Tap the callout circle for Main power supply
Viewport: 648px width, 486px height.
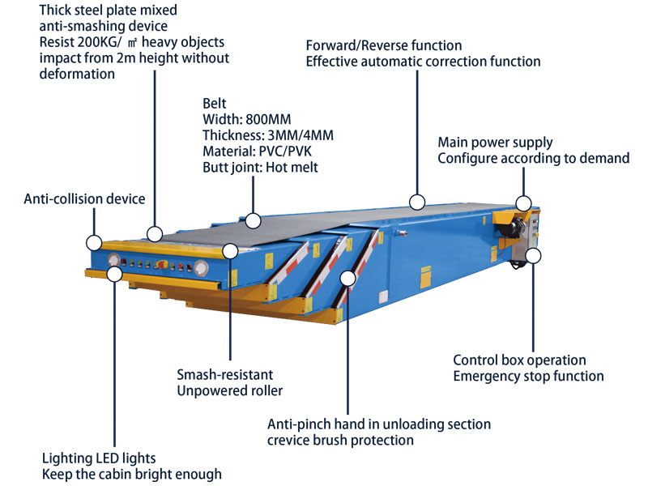tap(524, 204)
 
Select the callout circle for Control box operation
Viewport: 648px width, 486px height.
tap(533, 257)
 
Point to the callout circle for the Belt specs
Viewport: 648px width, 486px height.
tap(254, 220)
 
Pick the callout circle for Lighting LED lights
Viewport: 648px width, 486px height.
tap(114, 274)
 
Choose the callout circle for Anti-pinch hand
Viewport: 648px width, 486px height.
tap(348, 278)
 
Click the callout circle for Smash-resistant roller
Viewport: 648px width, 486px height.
tap(230, 252)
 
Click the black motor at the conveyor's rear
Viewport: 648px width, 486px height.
tap(509, 230)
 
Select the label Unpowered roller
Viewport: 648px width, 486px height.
tap(229, 391)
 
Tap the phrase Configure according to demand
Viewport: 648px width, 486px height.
tap(533, 158)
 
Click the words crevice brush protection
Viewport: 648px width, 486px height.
tap(341, 440)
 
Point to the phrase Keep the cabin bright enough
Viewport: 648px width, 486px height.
tap(132, 474)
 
